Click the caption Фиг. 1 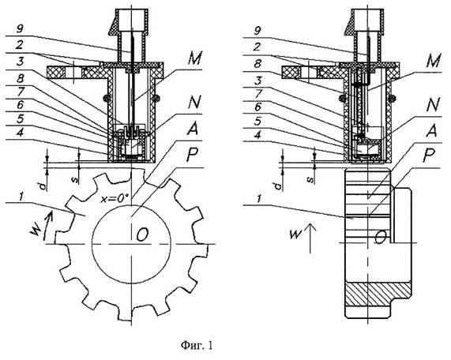coord(197,345)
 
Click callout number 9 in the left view coord(21,28)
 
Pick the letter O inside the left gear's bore coord(142,235)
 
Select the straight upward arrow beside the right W coord(310,238)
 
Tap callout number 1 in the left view coord(21,197)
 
